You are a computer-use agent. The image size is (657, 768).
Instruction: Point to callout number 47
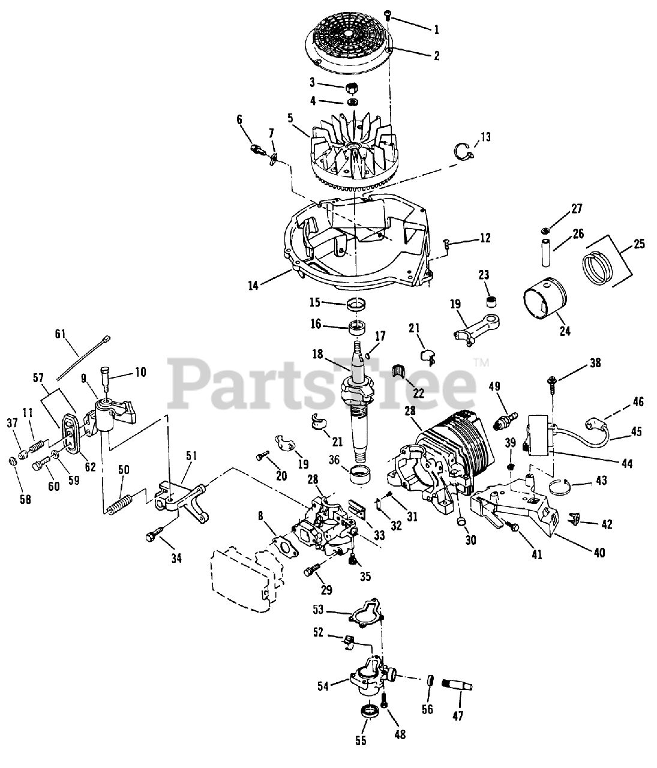[x=461, y=715]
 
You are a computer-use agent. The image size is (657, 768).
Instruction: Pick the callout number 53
[x=318, y=609]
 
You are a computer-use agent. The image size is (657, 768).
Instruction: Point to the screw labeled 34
[x=155, y=533]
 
